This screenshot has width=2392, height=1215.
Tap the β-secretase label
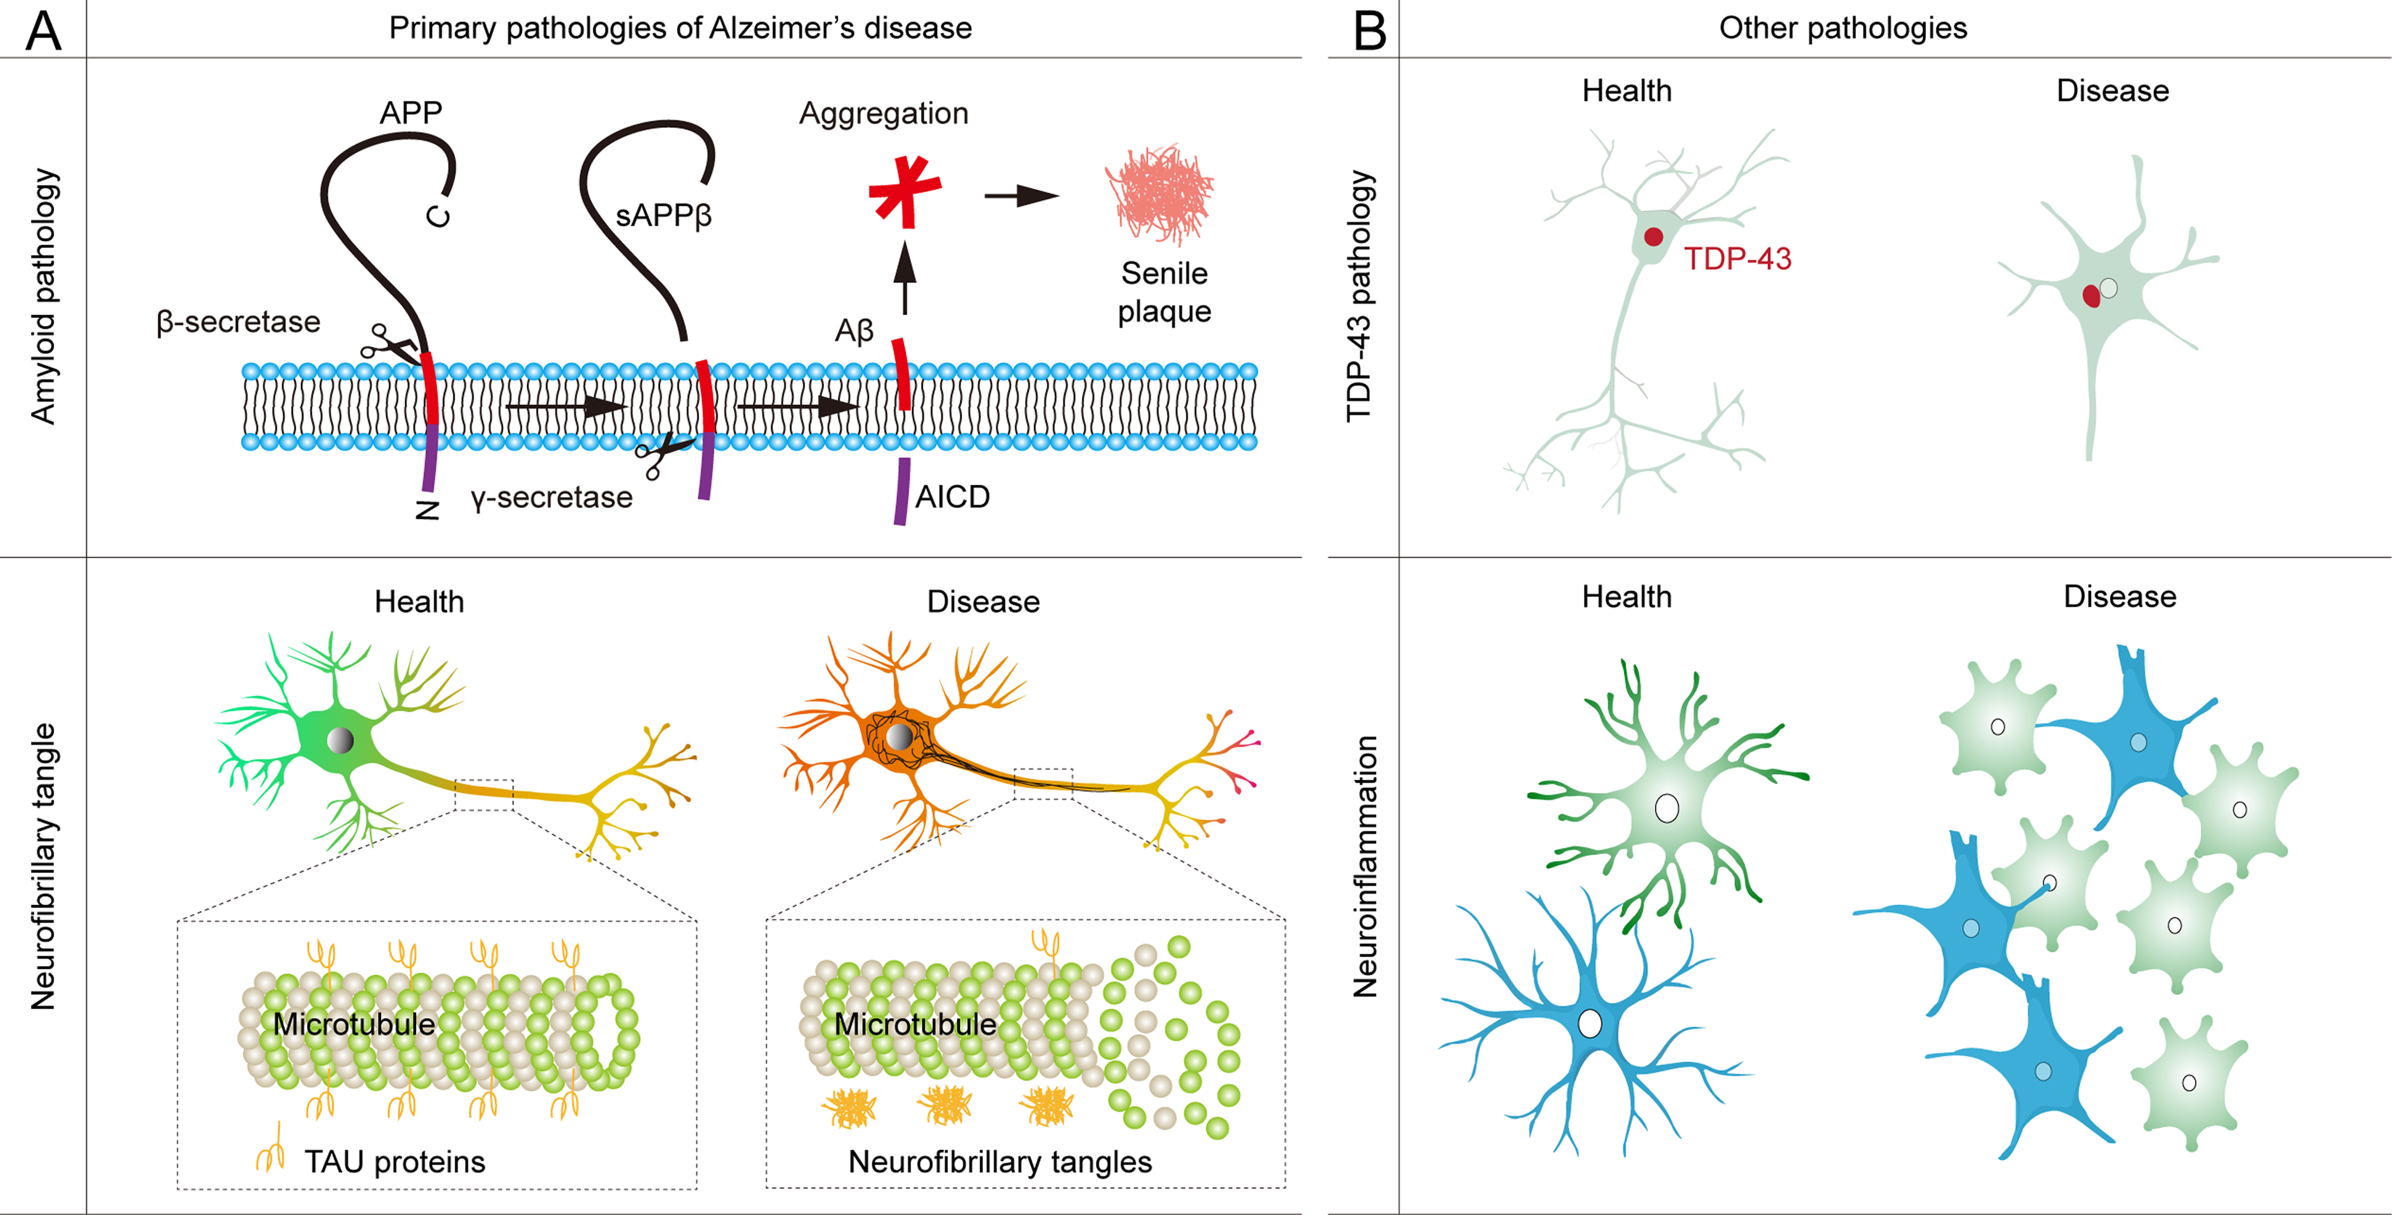click(x=238, y=322)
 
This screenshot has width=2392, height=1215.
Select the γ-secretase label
click(x=552, y=498)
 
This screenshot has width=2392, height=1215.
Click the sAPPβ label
click(x=663, y=215)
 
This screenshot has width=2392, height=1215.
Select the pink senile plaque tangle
click(x=1160, y=194)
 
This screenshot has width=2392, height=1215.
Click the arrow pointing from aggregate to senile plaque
click(x=1022, y=196)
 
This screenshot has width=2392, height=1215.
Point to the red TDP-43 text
click(x=1737, y=259)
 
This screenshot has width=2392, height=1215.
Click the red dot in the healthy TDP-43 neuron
click(x=1653, y=237)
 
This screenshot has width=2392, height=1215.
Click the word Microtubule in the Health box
click(x=354, y=1024)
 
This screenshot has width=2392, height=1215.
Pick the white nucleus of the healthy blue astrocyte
click(x=1590, y=1023)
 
